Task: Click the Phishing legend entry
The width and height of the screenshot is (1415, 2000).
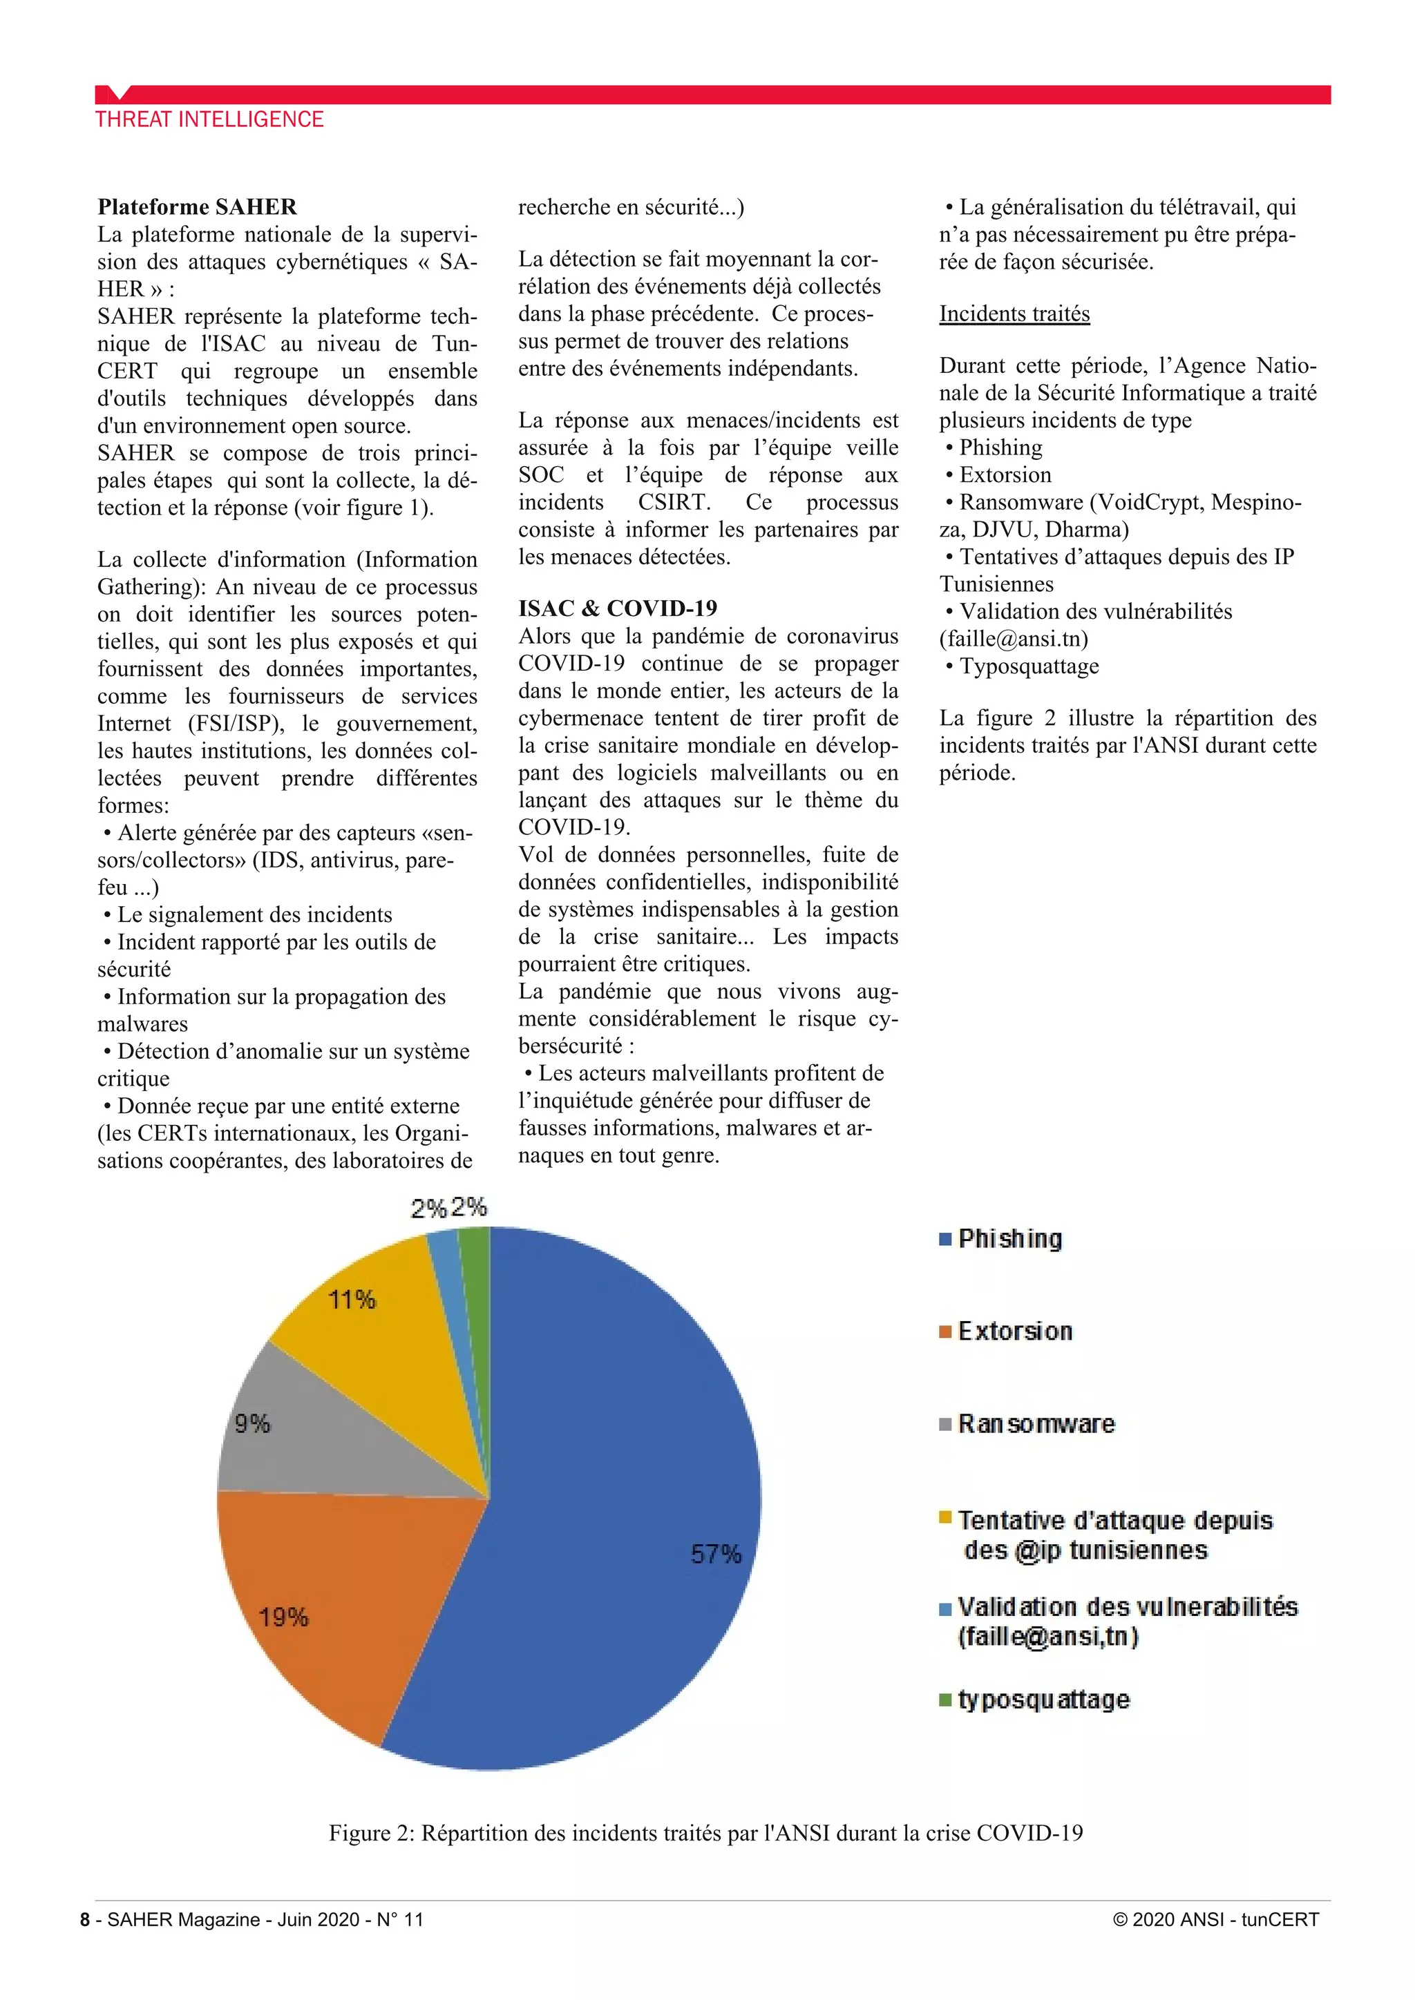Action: click(1009, 1239)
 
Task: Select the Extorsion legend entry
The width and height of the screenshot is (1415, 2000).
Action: click(1014, 1331)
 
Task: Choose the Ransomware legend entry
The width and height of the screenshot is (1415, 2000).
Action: click(1035, 1423)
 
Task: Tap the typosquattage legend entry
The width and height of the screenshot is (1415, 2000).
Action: click(1043, 1700)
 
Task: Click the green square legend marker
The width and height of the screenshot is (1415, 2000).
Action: click(945, 1700)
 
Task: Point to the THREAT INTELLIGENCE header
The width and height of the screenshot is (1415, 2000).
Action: click(209, 119)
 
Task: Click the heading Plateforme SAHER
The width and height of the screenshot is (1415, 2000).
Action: click(197, 207)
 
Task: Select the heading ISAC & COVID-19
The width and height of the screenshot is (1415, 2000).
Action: click(617, 608)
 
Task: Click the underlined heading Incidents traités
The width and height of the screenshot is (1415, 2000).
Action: click(1014, 314)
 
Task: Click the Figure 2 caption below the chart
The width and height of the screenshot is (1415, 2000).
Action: click(705, 1833)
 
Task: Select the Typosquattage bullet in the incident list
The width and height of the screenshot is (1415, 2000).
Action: click(1028, 666)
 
